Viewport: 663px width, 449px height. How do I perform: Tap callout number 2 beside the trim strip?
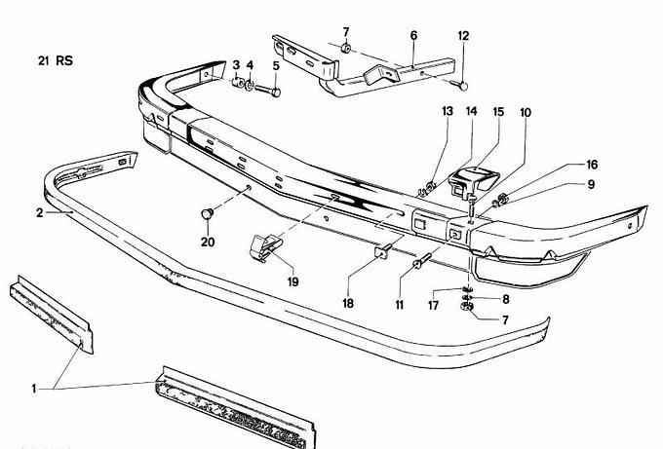coord(39,211)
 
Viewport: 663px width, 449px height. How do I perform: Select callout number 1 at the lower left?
coord(34,389)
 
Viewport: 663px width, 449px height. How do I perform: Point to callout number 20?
coord(207,242)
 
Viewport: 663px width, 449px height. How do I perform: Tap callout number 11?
coord(399,305)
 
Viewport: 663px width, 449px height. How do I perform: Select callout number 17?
coord(433,305)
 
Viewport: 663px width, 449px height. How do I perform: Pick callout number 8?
coord(505,299)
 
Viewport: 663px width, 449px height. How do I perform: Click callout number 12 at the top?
coord(463,36)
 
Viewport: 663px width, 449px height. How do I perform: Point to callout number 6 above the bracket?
coord(413,36)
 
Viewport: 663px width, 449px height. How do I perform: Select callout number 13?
coord(447,112)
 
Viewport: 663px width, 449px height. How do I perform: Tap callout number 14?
coord(472,112)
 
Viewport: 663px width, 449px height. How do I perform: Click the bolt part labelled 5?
coord(274,92)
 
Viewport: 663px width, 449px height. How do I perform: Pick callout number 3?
coord(235,65)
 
